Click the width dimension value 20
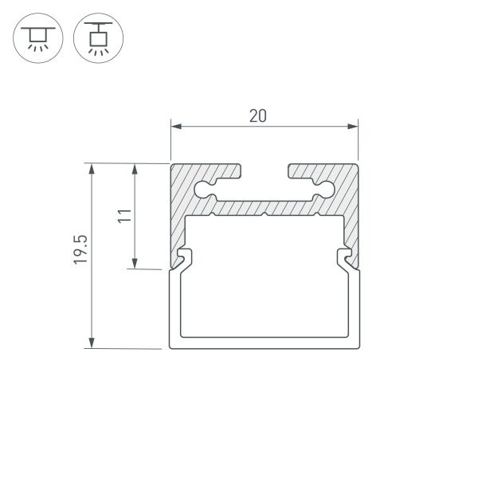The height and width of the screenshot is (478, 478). coord(257,116)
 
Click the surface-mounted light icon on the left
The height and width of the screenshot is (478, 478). coord(34,38)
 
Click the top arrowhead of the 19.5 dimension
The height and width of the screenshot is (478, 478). coord(92,169)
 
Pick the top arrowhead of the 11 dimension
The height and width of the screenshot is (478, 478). coord(135,169)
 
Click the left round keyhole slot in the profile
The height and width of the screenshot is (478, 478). coord(204,189)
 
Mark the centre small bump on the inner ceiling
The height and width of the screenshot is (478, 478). coord(264,214)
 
